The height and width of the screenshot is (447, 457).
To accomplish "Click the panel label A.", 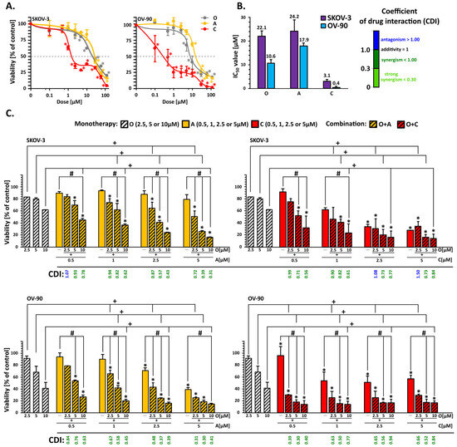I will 7,6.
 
